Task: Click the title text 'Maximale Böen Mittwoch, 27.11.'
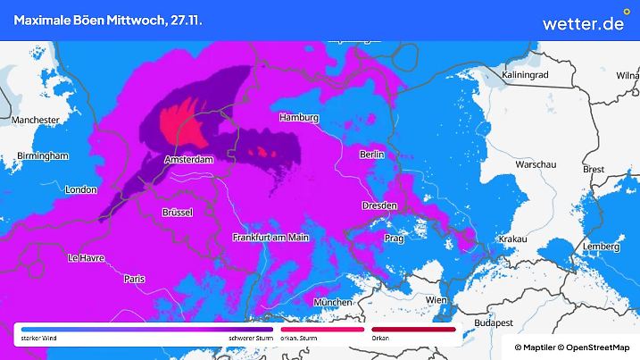(x=107, y=20)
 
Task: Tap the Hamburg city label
(x=299, y=118)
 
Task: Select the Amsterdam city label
(x=189, y=159)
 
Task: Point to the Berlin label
(x=371, y=155)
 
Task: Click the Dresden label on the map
(x=378, y=205)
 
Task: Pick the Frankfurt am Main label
(x=270, y=238)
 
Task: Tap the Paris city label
(x=135, y=279)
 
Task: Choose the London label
(x=80, y=189)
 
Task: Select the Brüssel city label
(x=178, y=213)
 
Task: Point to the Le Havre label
(x=87, y=258)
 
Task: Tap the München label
(x=333, y=304)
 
